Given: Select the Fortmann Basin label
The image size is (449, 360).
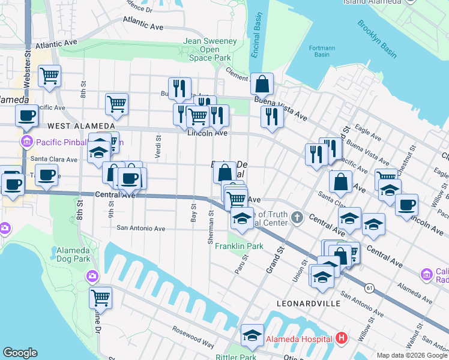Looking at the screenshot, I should click(x=318, y=51).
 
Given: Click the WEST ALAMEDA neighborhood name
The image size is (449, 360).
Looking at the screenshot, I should click(x=81, y=126).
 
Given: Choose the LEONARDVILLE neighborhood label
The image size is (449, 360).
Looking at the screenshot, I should click(x=309, y=304).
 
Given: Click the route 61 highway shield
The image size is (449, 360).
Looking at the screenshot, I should click(x=369, y=289).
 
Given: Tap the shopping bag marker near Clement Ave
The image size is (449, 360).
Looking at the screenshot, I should click(x=262, y=84).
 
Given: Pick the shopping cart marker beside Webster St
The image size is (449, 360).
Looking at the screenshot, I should click(x=49, y=76).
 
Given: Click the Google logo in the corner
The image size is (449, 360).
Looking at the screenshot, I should click(x=20, y=353).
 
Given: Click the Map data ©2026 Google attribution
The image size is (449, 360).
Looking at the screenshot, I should click(x=411, y=355).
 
